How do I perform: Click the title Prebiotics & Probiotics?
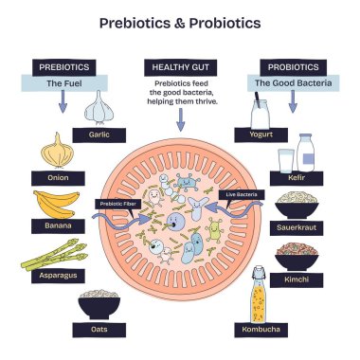[179, 22]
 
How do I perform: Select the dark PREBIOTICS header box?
[63, 67]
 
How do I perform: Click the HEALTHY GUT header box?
[179, 67]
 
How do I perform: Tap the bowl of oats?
[99, 305]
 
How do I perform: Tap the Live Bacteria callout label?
[242, 193]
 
